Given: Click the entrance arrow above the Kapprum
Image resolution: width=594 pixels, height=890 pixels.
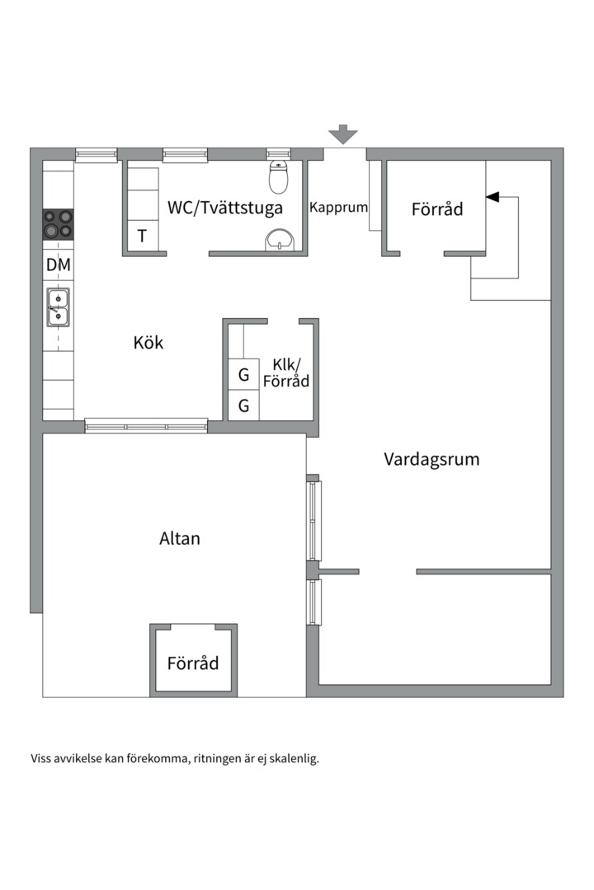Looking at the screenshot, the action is [342, 134].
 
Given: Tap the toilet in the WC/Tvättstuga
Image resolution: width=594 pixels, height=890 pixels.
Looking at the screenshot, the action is [279, 176].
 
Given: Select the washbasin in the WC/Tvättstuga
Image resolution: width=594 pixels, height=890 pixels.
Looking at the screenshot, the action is [280, 240].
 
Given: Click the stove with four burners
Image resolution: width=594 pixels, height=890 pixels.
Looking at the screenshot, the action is [59, 223].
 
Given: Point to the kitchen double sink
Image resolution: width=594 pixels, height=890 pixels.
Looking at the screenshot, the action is [58, 307].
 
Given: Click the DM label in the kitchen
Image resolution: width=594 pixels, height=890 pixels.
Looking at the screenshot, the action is [59, 265].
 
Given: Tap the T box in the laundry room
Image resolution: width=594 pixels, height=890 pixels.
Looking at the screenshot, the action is [142, 236].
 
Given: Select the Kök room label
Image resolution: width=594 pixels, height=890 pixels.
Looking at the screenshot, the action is [148, 342].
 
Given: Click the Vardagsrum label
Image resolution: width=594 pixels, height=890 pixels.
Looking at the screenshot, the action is [431, 459].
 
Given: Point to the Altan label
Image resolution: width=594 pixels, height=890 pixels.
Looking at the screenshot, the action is [180, 538].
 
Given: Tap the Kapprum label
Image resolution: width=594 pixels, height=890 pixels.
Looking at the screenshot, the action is [338, 208].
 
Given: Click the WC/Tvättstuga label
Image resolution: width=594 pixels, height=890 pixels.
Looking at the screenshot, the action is [225, 208].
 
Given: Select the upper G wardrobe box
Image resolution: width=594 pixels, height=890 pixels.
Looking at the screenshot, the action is [244, 375].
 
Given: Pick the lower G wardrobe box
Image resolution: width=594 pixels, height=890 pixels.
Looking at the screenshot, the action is [244, 405].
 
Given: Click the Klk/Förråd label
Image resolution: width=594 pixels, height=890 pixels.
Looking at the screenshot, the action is [286, 373].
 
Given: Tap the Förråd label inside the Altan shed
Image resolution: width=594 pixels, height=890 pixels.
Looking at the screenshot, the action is [193, 663].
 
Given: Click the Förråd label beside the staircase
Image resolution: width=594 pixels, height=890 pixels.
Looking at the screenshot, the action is [437, 208].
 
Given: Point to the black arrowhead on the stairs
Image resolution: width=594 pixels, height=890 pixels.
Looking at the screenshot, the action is [493, 197].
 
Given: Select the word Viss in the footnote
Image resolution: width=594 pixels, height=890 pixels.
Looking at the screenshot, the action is [41, 758].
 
